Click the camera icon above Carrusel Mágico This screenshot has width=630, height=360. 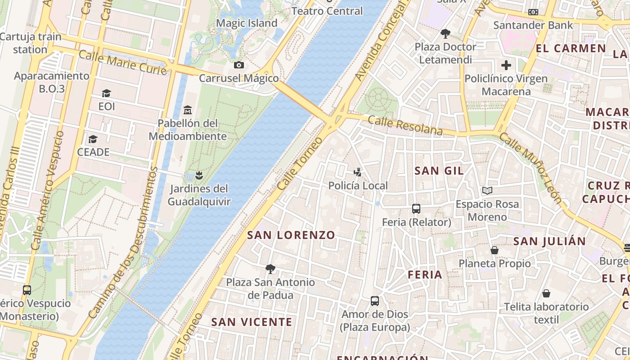click(x=239, y=65)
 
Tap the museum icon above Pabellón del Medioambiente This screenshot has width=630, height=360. click(x=188, y=110)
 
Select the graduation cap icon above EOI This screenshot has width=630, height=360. click(x=106, y=94)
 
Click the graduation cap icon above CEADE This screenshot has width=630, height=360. click(x=93, y=139)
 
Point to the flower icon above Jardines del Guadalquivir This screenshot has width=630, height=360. click(x=198, y=175)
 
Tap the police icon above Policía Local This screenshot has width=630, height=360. click(x=358, y=172)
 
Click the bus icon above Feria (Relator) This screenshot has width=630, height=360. click(x=416, y=209)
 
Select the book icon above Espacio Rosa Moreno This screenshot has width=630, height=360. click(x=487, y=191)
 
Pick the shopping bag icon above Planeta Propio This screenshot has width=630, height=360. click(x=495, y=250)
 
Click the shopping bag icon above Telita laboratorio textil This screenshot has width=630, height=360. click(x=546, y=294)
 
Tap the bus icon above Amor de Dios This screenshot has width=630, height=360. click(x=375, y=301)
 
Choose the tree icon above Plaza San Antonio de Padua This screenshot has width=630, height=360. click(x=270, y=269)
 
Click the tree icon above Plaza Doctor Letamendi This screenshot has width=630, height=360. click(x=445, y=33)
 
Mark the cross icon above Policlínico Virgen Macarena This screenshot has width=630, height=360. click(x=506, y=65)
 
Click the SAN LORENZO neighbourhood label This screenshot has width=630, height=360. click(x=291, y=235)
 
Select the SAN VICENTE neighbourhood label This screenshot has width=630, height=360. click(x=252, y=322)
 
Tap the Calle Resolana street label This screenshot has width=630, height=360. click(x=405, y=126)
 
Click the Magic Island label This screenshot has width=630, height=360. click(x=247, y=23)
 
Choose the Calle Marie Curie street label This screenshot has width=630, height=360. click(x=122, y=63)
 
